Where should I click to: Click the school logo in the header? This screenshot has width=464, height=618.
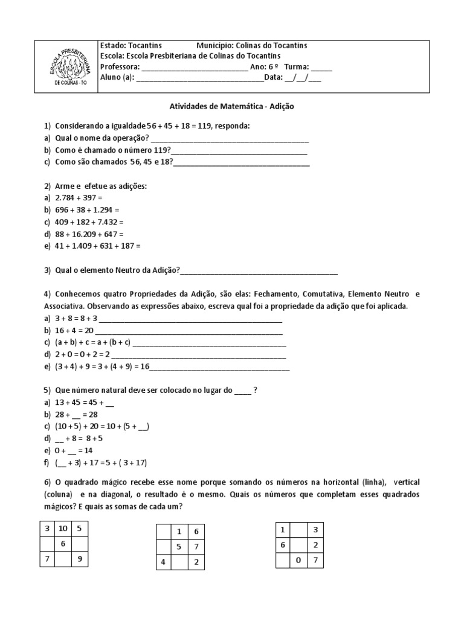[x=67, y=65]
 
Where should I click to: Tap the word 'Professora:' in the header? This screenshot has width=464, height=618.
[x=120, y=66]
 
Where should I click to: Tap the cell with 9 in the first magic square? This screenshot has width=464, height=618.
[x=80, y=559]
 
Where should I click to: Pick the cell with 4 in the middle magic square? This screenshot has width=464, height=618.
[x=163, y=562]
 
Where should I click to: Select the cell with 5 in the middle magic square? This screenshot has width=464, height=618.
[x=179, y=547]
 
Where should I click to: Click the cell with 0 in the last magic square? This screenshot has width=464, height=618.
[x=298, y=560]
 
